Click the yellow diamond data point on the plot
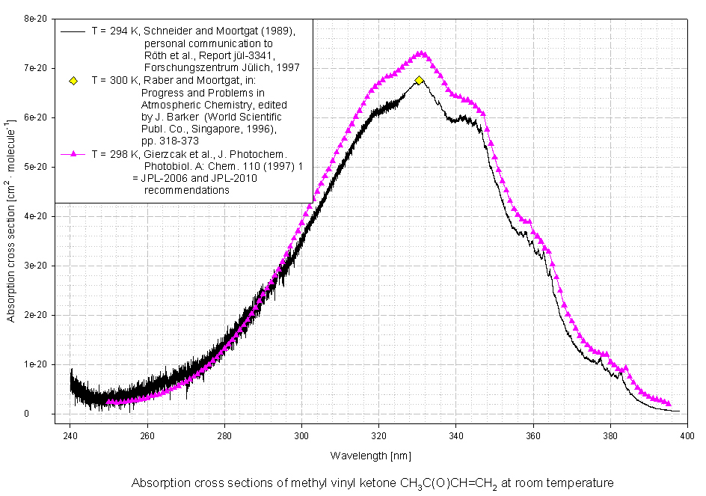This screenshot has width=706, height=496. click(419, 80)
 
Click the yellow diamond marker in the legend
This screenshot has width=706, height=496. click(73, 79)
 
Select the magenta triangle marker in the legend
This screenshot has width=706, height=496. click(73, 154)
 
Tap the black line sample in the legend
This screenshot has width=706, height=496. click(73, 31)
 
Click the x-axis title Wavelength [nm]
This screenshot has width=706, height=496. click(370, 456)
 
